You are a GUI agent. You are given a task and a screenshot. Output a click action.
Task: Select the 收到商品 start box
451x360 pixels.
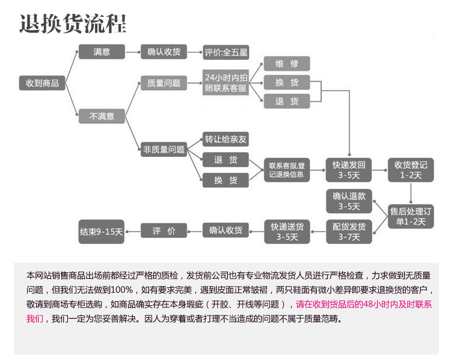pos(42,84)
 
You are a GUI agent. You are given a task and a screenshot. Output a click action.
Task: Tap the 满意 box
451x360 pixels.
pos(102,52)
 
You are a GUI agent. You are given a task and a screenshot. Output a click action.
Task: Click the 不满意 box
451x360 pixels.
pos(102,116)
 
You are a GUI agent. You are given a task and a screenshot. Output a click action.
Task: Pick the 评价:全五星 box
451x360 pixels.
pos(226,52)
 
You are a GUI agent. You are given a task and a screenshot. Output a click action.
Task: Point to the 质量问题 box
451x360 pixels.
pos(164,84)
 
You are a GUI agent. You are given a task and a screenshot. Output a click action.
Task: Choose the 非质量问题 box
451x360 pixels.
pos(164,149)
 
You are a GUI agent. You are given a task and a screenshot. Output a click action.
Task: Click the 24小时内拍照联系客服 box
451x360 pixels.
pos(226,83)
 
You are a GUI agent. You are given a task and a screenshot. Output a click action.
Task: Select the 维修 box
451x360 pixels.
pos(287,64)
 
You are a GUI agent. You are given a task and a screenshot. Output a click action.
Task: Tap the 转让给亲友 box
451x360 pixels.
pos(226,139)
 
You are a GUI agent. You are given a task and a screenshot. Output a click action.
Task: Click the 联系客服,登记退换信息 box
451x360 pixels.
pos(287,170)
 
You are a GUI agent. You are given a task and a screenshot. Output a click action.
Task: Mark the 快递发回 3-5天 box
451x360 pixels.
pos(349,170)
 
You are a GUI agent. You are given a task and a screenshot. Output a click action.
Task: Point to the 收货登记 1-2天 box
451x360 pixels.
pos(411,170)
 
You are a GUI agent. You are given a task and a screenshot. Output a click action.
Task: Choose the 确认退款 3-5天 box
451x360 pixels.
pos(349,201)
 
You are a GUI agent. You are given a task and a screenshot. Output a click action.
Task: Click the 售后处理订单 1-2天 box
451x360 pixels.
pos(411,216)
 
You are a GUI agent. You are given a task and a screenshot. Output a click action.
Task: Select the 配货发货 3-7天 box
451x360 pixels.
pos(349,231)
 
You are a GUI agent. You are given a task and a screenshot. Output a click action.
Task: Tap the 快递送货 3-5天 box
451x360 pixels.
pos(287,231)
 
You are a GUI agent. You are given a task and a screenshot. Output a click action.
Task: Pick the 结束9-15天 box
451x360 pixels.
pos(102,231)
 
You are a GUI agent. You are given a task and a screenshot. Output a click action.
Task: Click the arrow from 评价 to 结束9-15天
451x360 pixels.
pos(132,231)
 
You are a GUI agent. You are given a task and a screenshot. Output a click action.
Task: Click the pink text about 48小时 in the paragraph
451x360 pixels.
pos(361,304)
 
